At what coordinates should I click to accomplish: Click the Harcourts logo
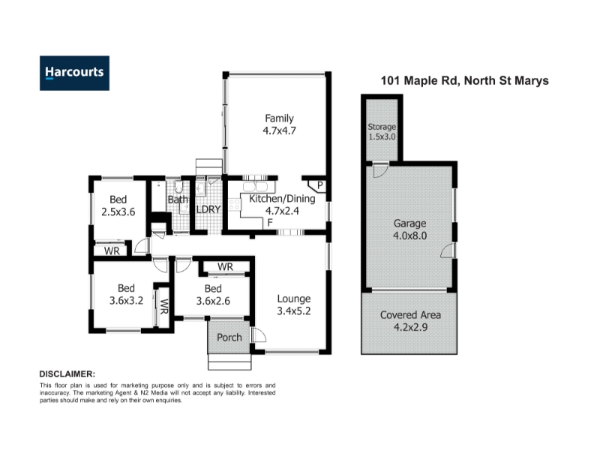point(74,73)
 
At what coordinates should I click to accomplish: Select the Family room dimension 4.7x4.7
point(279,130)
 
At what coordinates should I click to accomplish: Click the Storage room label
point(382,127)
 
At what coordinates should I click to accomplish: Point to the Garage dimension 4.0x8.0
point(409,235)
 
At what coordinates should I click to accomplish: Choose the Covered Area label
point(410,315)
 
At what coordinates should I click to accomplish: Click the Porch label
point(229,337)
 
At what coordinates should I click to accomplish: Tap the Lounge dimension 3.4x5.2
point(294,311)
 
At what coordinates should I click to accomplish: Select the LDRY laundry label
point(208,209)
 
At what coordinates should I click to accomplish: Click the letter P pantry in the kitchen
point(320,185)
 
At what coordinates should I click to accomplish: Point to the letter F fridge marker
point(270,222)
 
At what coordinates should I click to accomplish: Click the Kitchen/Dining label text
point(283,199)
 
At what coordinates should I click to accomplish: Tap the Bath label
point(178,199)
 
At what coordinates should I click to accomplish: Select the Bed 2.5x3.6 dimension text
point(118,212)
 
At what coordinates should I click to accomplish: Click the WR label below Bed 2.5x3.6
point(112,251)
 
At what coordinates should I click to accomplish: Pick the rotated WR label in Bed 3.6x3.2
point(163,307)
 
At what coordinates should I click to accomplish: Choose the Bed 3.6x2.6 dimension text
point(213,301)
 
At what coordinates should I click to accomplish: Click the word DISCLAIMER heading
point(67,374)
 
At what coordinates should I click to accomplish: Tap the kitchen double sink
point(255,187)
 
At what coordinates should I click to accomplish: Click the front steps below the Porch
point(229,362)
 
